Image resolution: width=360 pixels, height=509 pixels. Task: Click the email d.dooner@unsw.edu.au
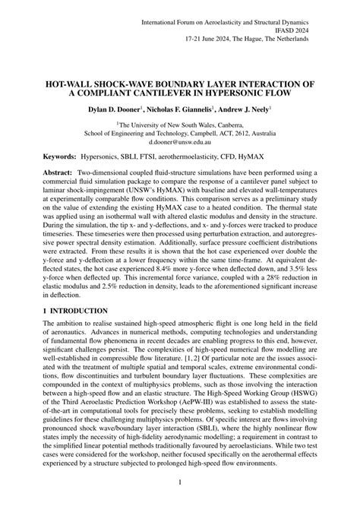pyautogui.click(x=180, y=142)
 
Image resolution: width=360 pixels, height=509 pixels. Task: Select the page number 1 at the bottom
pyautogui.click(x=180, y=482)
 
